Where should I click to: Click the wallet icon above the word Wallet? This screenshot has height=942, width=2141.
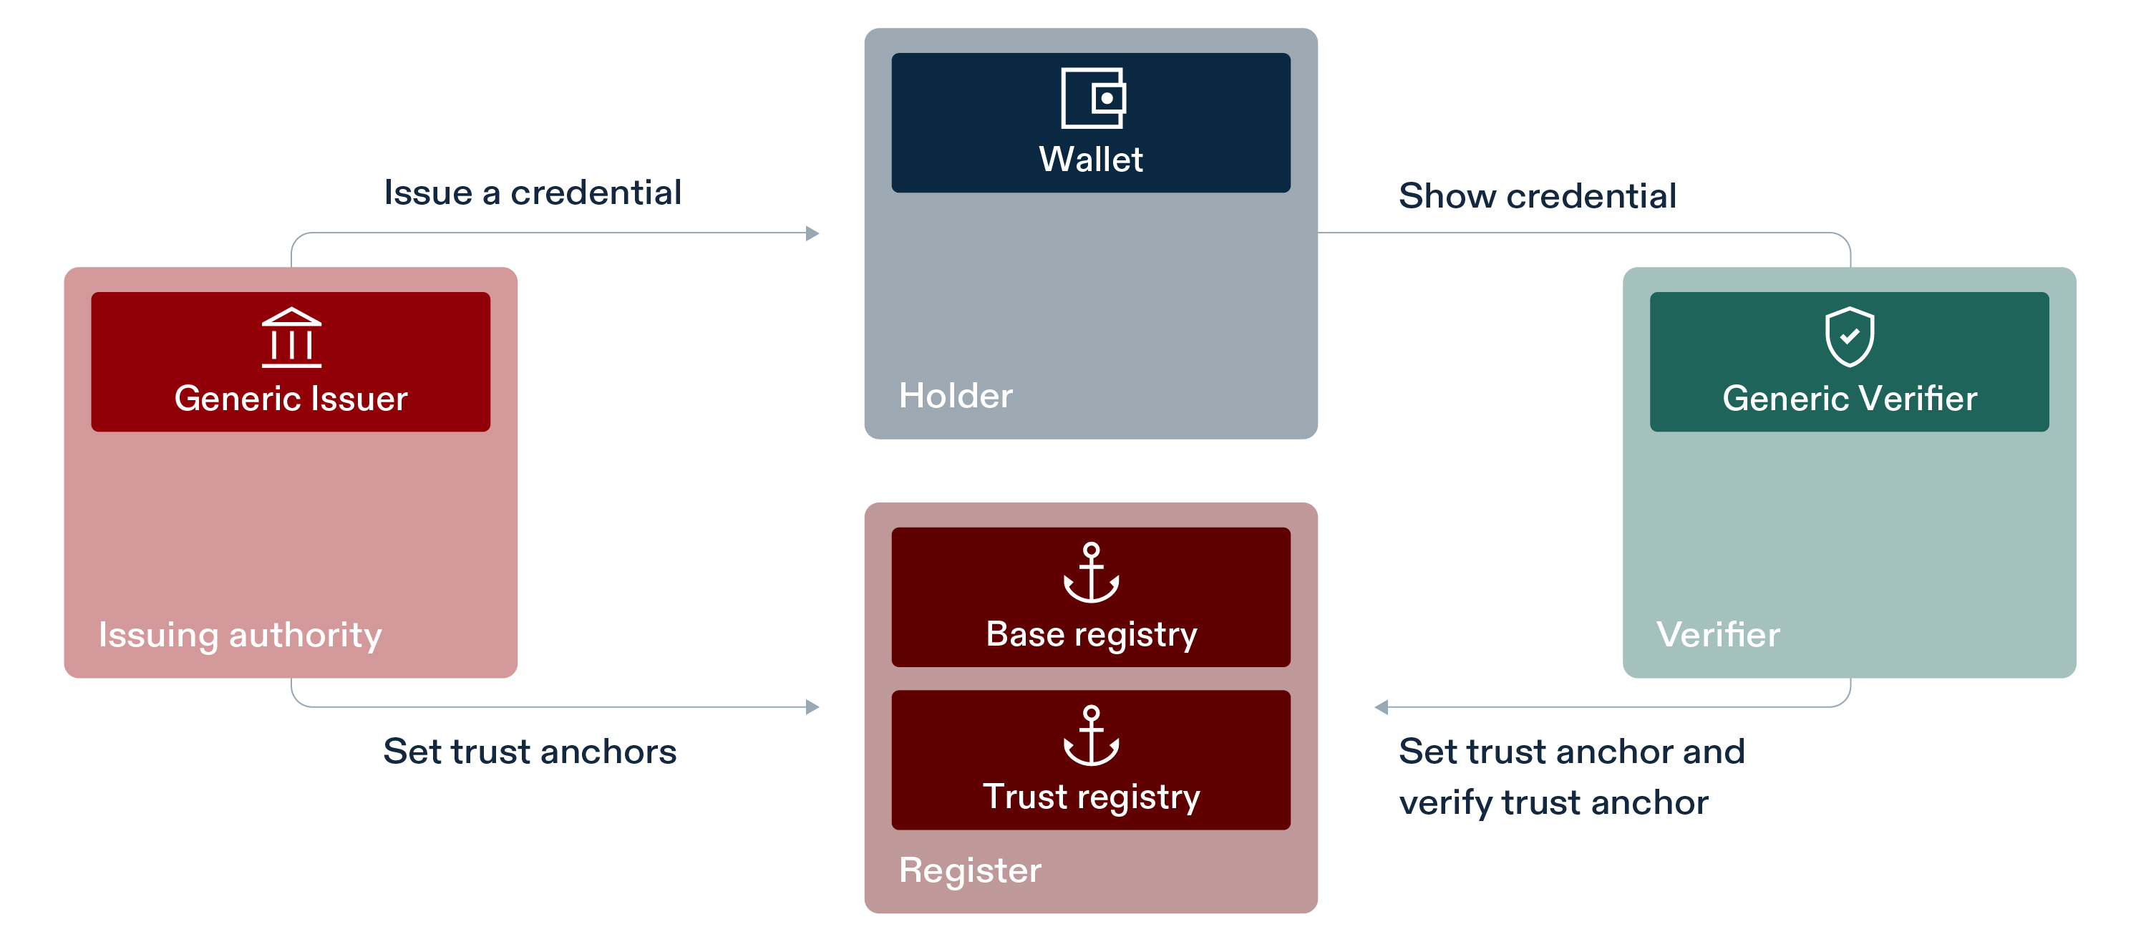(1092, 98)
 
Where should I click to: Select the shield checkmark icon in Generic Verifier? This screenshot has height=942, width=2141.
(1848, 336)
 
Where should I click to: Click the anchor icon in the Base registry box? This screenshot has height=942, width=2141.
(1092, 573)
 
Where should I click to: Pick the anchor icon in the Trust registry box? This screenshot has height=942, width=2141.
(1092, 736)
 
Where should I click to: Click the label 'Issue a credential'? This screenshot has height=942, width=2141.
(532, 193)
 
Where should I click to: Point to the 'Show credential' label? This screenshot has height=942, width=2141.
(1537, 196)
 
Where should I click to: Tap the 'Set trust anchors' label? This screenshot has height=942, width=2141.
(530, 752)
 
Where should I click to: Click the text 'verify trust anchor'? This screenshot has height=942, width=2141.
(1553, 803)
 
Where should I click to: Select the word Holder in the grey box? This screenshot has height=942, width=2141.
(955, 396)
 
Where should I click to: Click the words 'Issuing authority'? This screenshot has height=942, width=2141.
(239, 635)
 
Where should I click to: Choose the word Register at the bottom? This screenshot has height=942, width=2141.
(969, 870)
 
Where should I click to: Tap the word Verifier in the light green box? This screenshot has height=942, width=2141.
(1717, 635)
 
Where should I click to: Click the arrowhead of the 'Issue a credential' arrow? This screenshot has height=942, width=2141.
(812, 233)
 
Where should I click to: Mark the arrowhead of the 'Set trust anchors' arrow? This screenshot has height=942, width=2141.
(812, 707)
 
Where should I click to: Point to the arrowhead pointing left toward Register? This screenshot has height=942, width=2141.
(1382, 707)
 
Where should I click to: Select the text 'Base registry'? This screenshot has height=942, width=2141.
(1092, 634)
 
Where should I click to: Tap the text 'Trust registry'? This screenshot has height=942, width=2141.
(1092, 797)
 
